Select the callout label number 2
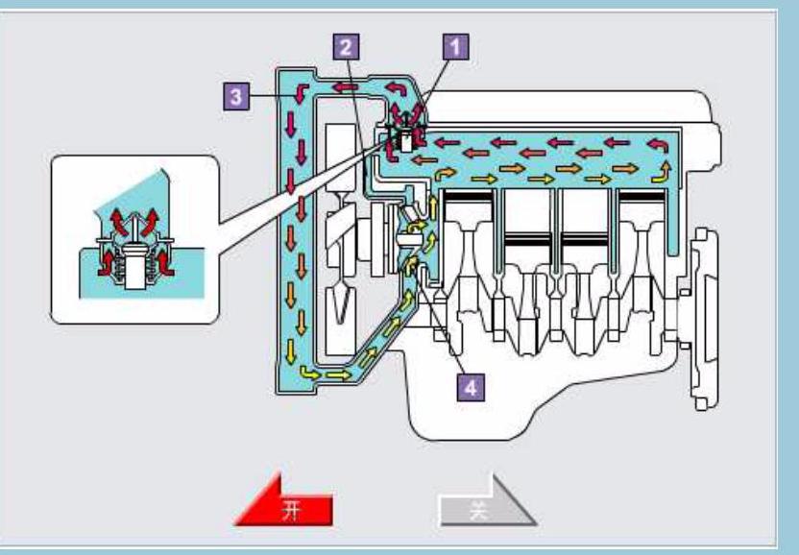point(347,44)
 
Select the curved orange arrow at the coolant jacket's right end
point(662,171)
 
